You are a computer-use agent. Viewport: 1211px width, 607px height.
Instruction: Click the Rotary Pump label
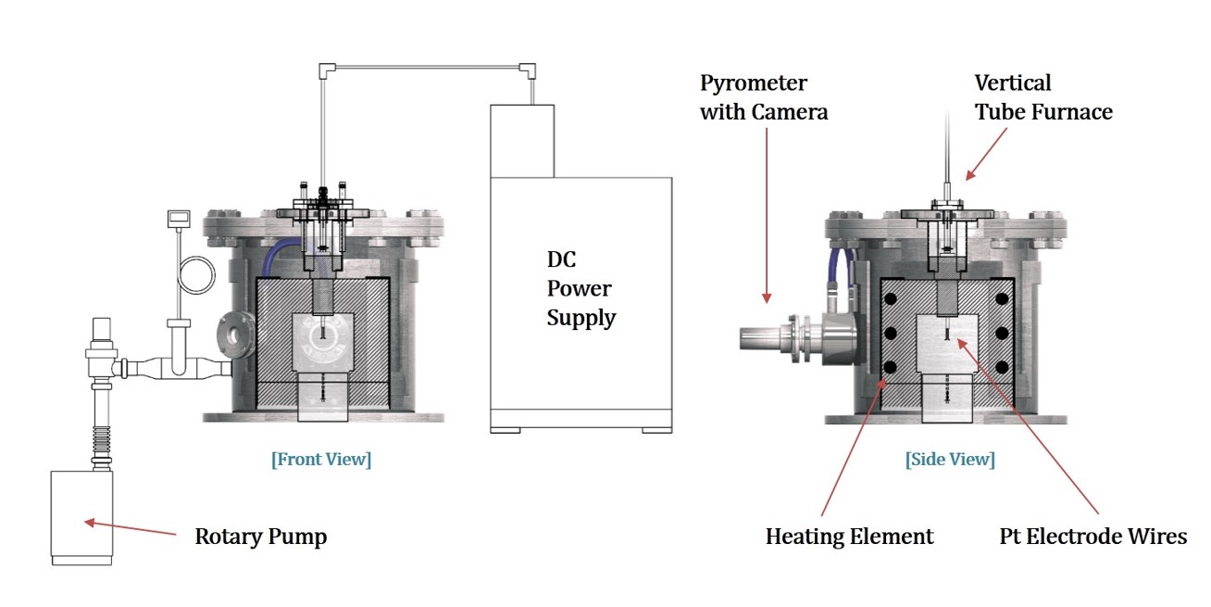coord(260,537)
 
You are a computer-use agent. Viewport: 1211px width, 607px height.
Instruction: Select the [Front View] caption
coord(320,459)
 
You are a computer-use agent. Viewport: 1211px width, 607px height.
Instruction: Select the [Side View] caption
coord(950,459)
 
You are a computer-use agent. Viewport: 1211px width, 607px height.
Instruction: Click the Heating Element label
coord(849,537)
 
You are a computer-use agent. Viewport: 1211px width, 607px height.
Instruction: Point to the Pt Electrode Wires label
coord(1092,537)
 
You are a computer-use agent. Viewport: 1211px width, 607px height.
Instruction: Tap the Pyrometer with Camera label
coord(764,97)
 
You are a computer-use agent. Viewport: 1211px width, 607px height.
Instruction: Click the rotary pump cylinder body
coord(81,514)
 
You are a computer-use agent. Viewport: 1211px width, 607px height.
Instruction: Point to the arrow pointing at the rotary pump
coord(130,528)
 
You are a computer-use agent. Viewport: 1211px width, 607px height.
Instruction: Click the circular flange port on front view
coord(234,337)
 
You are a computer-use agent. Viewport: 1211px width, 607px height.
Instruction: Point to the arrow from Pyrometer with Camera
coord(767,213)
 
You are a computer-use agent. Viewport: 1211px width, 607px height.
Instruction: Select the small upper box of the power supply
coord(522,140)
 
